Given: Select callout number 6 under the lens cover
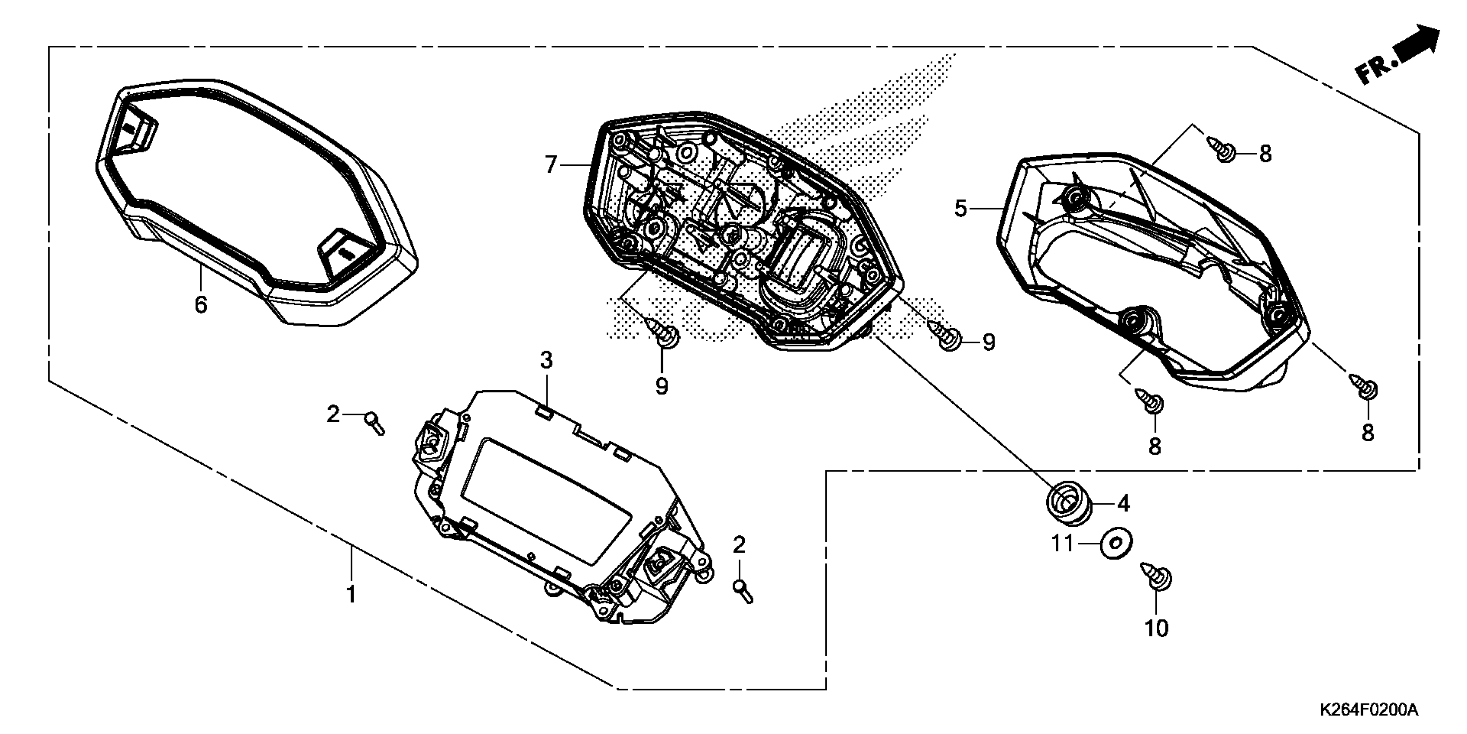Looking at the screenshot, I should (x=201, y=305).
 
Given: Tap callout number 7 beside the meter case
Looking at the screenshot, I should (x=550, y=165).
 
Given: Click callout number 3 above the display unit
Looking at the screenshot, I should (x=546, y=360).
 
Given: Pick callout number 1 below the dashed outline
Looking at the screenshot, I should (x=351, y=595).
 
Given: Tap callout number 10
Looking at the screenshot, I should (x=1156, y=628).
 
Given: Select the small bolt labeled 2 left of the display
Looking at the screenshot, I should (x=375, y=424).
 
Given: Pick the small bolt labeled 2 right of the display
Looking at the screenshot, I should (x=743, y=591).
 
